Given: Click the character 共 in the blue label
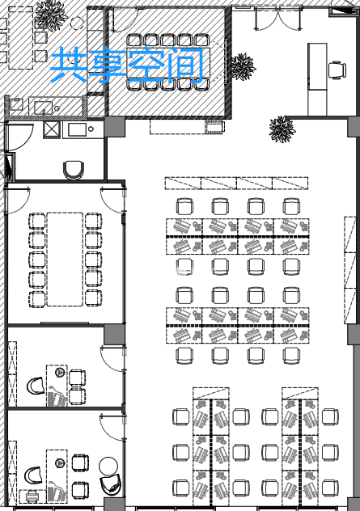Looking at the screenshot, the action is pos(68,64).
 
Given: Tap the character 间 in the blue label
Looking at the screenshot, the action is pos(186,64).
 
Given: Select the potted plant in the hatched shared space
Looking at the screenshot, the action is pos(50,15).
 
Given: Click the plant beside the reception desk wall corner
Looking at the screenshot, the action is pos(282,129).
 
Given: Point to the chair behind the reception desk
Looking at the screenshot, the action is pos(337,70).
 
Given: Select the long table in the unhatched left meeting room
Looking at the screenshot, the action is pos(65,260).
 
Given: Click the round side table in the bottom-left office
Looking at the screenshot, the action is pos(108,466).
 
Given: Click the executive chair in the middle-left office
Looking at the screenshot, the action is pos(36,386).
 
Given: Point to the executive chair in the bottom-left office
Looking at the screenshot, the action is pos(33,475).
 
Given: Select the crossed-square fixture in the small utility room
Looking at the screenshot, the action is pos(52,130).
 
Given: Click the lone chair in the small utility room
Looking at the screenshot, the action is pos(74,170).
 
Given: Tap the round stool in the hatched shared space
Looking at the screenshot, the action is pos(78,23).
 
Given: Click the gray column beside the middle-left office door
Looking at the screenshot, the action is pos(114,334).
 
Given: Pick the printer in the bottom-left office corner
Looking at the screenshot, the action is pos(32,496).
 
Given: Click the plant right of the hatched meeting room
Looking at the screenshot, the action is pos(243,66).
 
